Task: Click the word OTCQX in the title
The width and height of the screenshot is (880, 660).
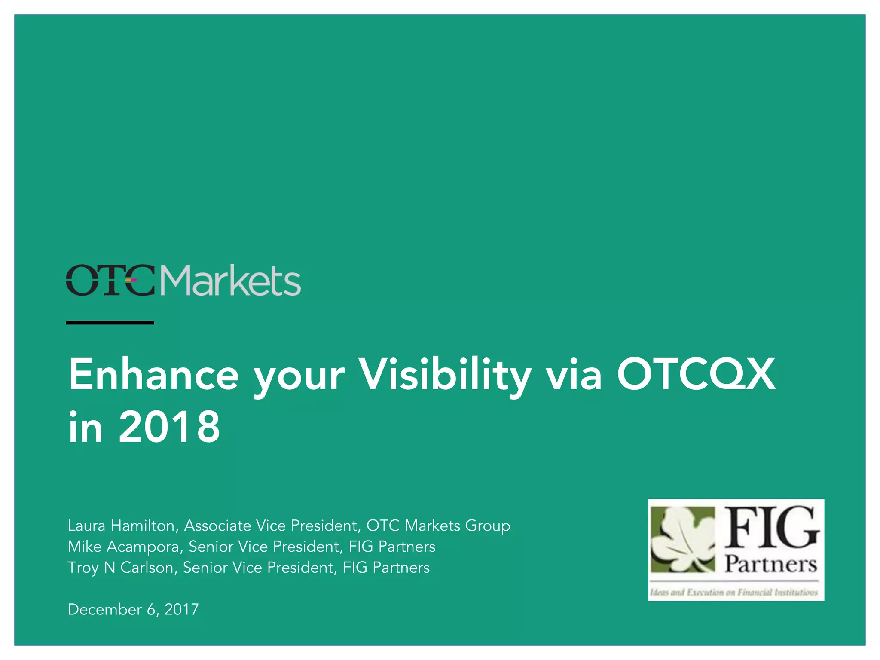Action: pos(696,375)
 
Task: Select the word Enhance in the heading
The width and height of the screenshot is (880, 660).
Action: pos(153,375)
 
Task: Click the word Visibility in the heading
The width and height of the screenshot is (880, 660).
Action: pos(445,375)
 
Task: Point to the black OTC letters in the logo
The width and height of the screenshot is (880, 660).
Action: pos(110,281)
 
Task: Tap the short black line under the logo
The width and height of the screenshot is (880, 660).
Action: pos(110,322)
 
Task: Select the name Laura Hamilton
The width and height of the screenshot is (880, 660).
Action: pos(121,526)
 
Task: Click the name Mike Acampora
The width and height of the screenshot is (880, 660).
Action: pos(124,547)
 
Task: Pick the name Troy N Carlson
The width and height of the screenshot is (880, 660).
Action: pos(121,568)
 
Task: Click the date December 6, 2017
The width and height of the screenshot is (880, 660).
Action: pos(133,609)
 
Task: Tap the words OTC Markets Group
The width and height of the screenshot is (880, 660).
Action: pos(438,526)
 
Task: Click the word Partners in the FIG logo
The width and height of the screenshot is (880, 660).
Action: pos(771,564)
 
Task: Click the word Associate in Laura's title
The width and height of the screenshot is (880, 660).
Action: pos(217,526)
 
